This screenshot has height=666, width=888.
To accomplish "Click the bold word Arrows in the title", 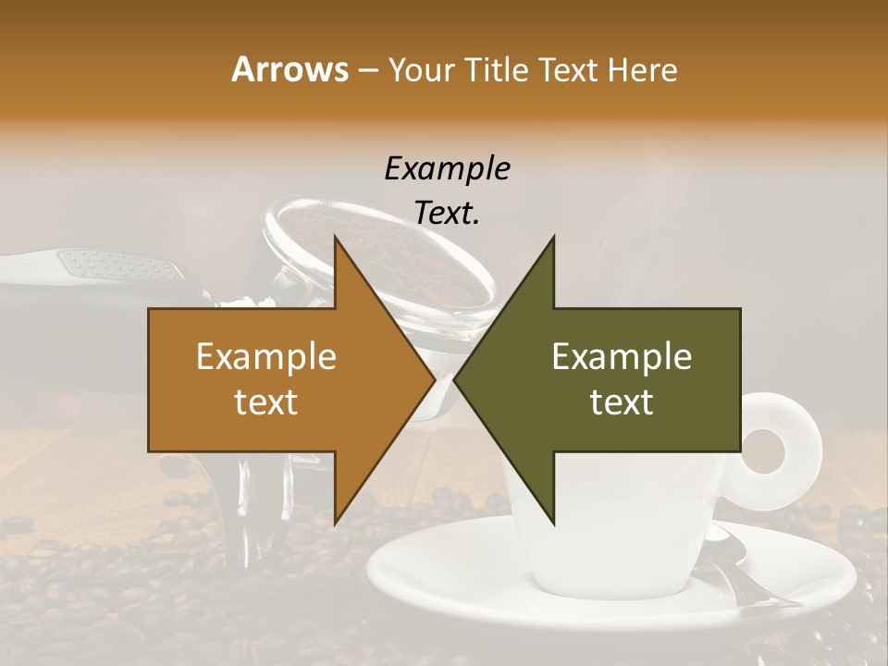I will click(x=290, y=70).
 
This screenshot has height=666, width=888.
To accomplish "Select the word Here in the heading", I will click(x=643, y=70).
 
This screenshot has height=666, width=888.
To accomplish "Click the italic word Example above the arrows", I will click(x=448, y=169).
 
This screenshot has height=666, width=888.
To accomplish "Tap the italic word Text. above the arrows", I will click(x=448, y=214).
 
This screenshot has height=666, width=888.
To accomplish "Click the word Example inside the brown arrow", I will click(x=265, y=357).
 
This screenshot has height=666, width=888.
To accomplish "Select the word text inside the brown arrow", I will click(x=265, y=402).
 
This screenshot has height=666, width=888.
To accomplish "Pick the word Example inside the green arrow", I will click(x=622, y=357).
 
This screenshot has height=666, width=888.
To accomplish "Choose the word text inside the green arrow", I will click(x=622, y=402).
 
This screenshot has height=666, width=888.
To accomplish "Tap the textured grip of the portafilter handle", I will click(x=120, y=268).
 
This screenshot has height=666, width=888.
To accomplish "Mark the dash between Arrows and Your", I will click(x=367, y=71).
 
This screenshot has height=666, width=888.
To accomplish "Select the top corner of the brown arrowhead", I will click(x=335, y=237).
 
